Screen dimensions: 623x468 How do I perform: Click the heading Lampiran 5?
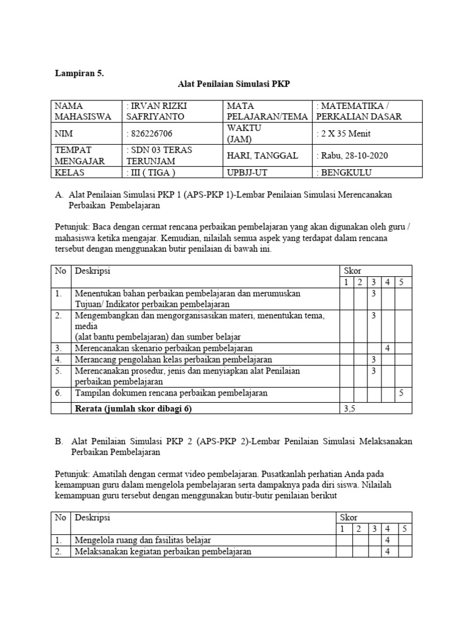click(80, 73)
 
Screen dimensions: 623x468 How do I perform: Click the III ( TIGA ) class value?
click(151, 173)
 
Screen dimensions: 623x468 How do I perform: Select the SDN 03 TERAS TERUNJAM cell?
click(160, 156)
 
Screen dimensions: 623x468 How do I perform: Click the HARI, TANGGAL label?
click(262, 156)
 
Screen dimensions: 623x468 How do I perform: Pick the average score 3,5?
click(349, 409)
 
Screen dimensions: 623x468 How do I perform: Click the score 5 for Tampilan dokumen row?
click(402, 394)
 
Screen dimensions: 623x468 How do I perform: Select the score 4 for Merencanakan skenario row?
click(387, 349)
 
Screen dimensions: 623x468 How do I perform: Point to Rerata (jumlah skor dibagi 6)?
click(133, 409)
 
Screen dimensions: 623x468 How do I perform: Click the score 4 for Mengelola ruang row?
click(387, 540)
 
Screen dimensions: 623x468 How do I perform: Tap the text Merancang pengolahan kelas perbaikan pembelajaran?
click(174, 360)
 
